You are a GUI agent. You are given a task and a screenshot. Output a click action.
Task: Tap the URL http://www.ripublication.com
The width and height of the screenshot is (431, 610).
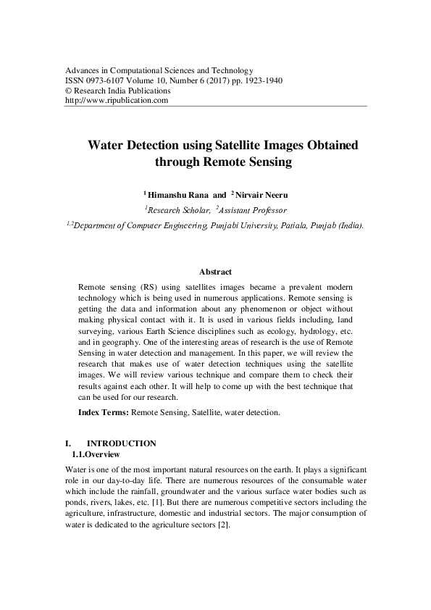click(117, 101)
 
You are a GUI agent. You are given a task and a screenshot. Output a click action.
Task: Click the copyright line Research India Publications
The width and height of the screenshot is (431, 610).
click(122, 91)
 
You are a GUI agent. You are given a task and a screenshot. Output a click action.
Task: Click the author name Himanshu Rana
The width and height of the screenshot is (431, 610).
click(178, 194)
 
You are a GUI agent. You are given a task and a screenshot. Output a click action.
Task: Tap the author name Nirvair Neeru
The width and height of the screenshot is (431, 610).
click(261, 194)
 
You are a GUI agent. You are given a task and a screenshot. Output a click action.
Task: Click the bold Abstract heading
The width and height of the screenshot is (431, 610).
click(215, 272)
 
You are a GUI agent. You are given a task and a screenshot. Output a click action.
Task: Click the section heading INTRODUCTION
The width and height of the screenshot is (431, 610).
click(121, 443)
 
